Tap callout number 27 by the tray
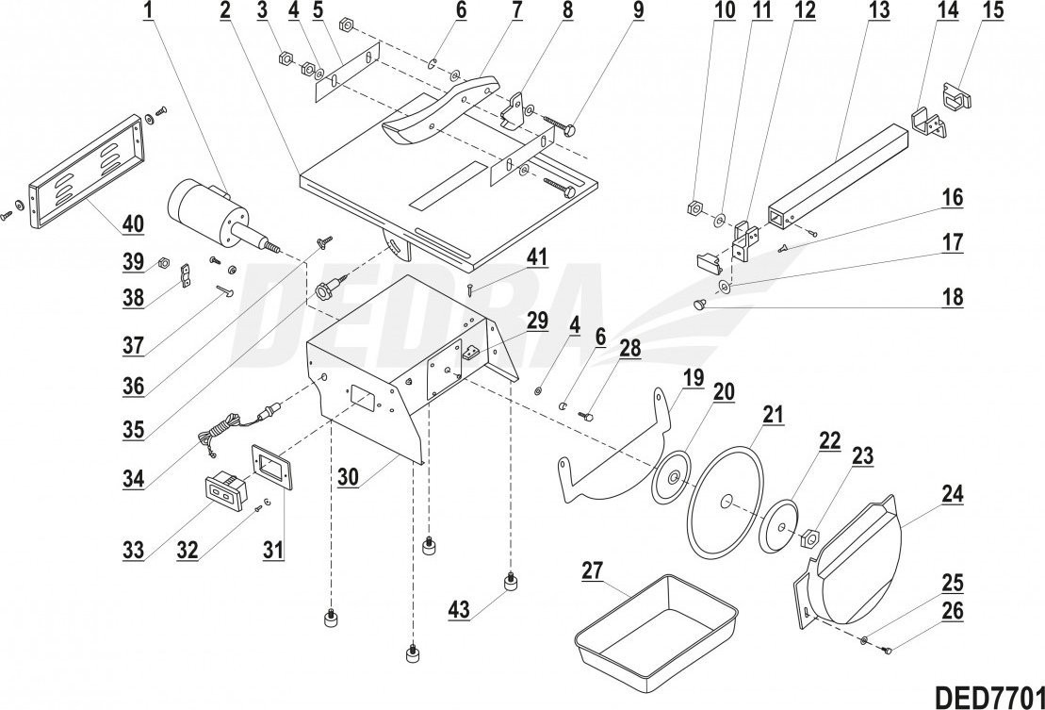point(591,571)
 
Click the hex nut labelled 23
point(808,539)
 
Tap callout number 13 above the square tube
point(878,12)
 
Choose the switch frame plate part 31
point(270,468)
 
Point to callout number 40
point(132,224)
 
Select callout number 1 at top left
point(148,12)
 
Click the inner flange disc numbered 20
point(673,478)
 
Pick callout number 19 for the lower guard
point(693,380)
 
